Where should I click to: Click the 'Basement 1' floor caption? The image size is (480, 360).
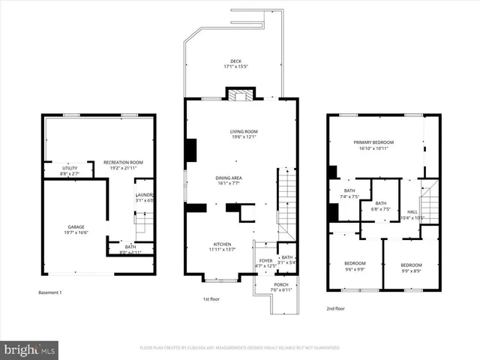(x=50, y=292)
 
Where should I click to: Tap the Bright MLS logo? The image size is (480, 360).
(x=30, y=349)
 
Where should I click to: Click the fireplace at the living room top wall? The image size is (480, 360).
(x=241, y=95)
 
